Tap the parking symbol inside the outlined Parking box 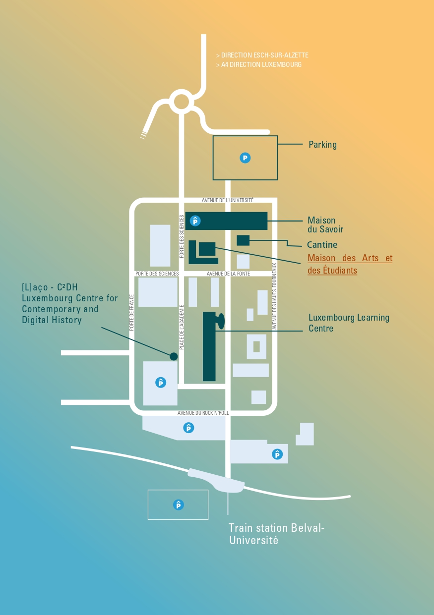[x=245, y=158]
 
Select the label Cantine [x=322, y=245]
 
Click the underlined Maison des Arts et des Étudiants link [x=350, y=264]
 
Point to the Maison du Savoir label [x=325, y=225]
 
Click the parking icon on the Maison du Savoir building [x=195, y=221]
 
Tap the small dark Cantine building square [x=243, y=240]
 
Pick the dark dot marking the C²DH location [x=174, y=356]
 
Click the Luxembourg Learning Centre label [x=349, y=323]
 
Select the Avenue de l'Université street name [x=228, y=200]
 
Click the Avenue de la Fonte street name [x=228, y=274]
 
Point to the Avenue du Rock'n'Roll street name [x=203, y=413]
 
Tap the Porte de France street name [x=131, y=312]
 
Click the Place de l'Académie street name [x=182, y=327]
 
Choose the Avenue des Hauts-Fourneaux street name [x=274, y=296]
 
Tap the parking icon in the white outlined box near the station [x=179, y=504]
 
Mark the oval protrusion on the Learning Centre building [x=221, y=321]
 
